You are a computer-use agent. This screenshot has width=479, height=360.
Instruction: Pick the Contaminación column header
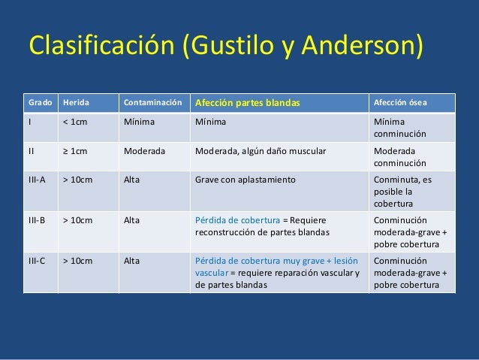pyautogui.click(x=152, y=102)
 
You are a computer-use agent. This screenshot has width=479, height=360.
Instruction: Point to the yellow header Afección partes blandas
pyautogui.click(x=247, y=102)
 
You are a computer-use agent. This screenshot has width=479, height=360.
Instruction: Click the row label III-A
pyautogui.click(x=38, y=180)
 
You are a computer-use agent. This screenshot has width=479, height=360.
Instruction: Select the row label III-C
pyautogui.click(x=38, y=261)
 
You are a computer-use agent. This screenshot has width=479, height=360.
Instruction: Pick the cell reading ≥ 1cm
pyautogui.click(x=76, y=150)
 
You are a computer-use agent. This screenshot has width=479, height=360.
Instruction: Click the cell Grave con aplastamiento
pyautogui.click(x=245, y=180)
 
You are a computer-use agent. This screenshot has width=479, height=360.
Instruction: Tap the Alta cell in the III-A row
pyautogui.click(x=131, y=180)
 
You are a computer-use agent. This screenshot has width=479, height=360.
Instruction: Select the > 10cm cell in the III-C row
pyautogui.click(x=77, y=261)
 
